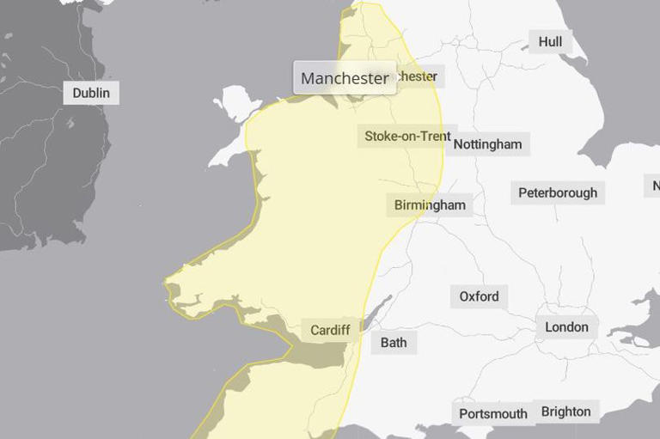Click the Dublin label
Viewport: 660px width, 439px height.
pos(91,93)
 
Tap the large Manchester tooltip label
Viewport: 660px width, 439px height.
pos(345,78)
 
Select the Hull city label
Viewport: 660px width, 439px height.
pos(550,41)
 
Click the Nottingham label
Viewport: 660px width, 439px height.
pos(487,143)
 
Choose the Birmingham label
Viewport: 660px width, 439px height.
pos(430,204)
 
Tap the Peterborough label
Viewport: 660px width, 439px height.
pos(557,192)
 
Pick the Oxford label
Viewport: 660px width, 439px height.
pos(479,296)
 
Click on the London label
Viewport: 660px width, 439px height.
pos(566,326)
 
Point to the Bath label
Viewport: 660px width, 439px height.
pos(394,342)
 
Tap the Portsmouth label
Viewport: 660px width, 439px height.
pos(492,413)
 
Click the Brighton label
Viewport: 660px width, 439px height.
pos(565,412)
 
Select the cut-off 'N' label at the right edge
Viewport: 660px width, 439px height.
pos(655,186)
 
